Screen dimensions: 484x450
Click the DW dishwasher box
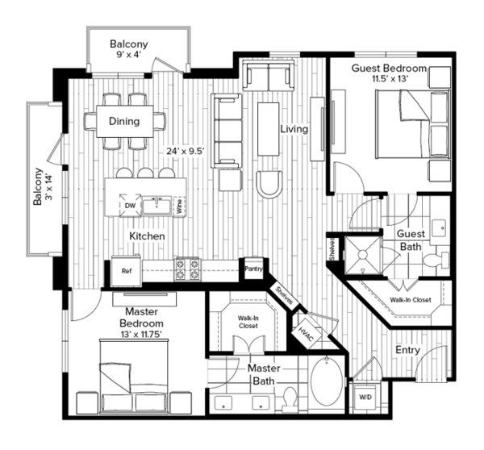click(x=130, y=206)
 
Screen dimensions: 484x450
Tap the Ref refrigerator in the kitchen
click(x=127, y=271)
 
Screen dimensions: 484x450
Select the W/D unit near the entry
click(x=365, y=398)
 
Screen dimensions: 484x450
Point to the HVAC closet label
click(x=306, y=334)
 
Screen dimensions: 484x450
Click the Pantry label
click(x=253, y=269)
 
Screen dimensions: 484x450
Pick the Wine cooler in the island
click(x=179, y=206)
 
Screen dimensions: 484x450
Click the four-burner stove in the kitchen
click(x=187, y=269)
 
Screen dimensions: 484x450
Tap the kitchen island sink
click(x=156, y=206)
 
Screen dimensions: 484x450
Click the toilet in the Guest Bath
click(x=436, y=260)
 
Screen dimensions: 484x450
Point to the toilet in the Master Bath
click(x=290, y=399)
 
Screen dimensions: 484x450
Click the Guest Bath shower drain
click(x=362, y=255)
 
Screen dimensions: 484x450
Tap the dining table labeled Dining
click(x=125, y=121)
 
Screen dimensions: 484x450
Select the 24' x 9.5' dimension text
click(x=186, y=152)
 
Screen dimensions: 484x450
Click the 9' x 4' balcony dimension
click(x=129, y=55)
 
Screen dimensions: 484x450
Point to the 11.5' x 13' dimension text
click(x=390, y=79)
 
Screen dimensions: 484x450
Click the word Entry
click(x=407, y=350)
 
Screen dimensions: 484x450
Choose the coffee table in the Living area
click(x=269, y=129)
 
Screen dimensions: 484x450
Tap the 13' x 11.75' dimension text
click(x=141, y=334)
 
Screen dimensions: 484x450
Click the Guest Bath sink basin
click(x=438, y=228)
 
